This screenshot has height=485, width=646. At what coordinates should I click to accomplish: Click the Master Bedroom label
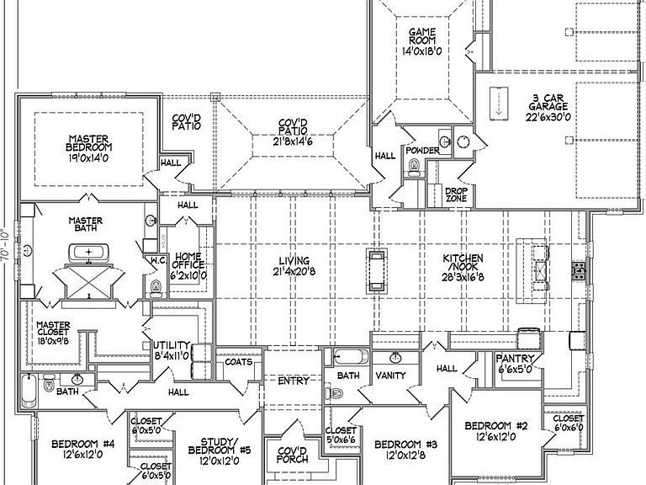(x=88, y=143)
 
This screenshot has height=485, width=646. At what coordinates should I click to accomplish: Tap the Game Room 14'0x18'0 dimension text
(x=422, y=51)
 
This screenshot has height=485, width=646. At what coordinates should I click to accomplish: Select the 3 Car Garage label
(x=548, y=103)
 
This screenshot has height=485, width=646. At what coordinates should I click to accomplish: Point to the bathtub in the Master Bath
(x=89, y=253)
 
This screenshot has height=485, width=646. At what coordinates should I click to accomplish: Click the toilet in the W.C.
(x=156, y=288)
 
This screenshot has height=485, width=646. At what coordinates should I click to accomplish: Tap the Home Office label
(x=188, y=261)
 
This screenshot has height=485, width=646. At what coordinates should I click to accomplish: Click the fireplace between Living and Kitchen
(x=377, y=270)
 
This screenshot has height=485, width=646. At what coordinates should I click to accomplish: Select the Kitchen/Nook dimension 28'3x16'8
(x=463, y=277)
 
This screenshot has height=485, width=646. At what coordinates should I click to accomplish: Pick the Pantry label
(x=515, y=359)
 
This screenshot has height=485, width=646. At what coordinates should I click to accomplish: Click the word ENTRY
(x=293, y=381)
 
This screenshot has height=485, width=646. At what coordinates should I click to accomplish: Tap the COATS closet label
(x=239, y=362)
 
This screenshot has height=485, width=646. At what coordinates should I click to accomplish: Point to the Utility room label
(x=172, y=345)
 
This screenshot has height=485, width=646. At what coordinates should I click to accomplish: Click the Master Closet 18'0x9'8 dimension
(x=53, y=342)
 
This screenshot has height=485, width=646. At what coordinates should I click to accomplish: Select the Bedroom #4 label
(x=82, y=445)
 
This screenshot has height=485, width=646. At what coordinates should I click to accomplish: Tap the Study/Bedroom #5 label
(x=220, y=445)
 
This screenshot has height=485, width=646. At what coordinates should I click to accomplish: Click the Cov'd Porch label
(x=292, y=455)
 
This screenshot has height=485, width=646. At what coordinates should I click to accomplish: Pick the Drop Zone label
(x=456, y=195)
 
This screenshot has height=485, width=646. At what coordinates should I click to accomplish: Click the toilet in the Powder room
(x=414, y=168)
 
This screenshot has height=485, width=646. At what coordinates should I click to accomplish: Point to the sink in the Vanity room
(x=396, y=357)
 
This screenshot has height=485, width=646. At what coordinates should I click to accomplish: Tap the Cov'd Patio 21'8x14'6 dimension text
(x=293, y=141)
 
